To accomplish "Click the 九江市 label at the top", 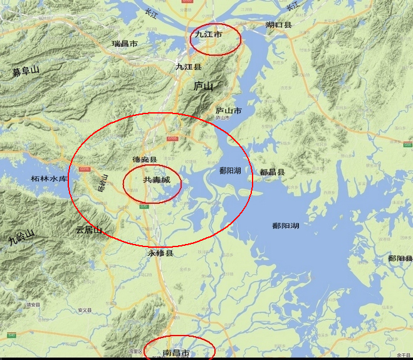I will click(x=208, y=36).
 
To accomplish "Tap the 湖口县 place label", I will click(x=279, y=25).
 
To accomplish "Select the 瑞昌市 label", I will click(x=125, y=44).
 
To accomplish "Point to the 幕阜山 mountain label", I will click(x=26, y=71).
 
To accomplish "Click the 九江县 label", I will click(x=188, y=66).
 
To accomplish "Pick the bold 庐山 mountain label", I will click(x=204, y=86).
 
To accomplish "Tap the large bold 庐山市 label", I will click(x=229, y=111).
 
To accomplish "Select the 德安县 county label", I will click(x=145, y=161).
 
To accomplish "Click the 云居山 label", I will click(x=88, y=230).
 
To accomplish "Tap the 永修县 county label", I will click(x=160, y=253).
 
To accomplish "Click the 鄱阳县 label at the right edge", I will click(x=400, y=258).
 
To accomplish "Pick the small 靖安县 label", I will click(x=33, y=305).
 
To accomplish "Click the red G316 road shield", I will click(x=83, y=168).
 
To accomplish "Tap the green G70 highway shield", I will click(x=144, y=206).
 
